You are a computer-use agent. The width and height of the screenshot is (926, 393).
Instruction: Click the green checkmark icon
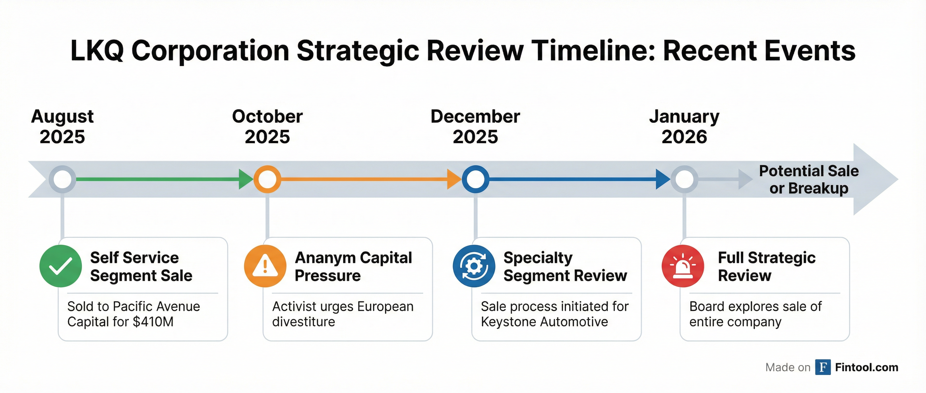(61, 266)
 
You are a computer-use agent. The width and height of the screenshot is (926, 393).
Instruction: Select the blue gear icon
(474, 266)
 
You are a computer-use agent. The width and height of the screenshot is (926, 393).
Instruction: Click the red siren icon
(683, 266)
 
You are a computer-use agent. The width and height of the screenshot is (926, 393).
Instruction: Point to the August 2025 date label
(62, 127)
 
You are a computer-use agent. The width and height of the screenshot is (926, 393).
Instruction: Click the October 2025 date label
(267, 127)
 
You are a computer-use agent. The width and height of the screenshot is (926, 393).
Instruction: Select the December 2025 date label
(475, 127)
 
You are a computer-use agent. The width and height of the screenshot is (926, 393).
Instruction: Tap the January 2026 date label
(684, 127)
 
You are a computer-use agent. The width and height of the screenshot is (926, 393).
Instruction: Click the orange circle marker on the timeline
(267, 179)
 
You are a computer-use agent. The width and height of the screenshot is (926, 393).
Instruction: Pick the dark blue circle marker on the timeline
(475, 179)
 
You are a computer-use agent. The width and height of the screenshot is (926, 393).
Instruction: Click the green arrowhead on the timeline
(246, 179)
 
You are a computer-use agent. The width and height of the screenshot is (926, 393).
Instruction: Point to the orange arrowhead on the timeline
(454, 179)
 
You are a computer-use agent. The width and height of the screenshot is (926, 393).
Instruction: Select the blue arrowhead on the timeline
(663, 179)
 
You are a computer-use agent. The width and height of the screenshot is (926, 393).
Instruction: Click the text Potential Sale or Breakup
(809, 180)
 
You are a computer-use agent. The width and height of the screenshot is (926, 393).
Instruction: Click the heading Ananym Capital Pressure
(353, 266)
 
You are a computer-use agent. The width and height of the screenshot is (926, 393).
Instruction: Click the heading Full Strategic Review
(766, 266)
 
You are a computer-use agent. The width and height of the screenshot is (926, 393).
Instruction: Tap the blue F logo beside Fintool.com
(823, 367)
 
